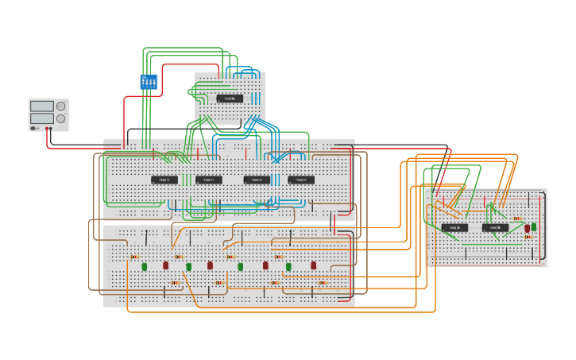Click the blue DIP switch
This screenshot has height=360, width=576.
point(149,81)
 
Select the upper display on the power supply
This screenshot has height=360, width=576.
point(41,106)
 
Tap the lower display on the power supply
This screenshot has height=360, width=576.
point(41,118)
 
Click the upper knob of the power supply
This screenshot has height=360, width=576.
point(60,106)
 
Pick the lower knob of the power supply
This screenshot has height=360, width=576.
point(60,118)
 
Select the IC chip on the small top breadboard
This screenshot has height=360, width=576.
point(230,99)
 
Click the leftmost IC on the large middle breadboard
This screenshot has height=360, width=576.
point(164,180)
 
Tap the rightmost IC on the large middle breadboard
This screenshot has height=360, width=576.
point(301,180)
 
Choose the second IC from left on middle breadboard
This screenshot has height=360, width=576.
point(209,180)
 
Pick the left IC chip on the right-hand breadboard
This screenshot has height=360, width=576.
point(454,227)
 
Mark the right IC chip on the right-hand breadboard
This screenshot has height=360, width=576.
point(495,227)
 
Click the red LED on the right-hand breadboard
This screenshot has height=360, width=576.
point(527,228)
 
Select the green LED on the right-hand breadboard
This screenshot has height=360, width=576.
point(534,227)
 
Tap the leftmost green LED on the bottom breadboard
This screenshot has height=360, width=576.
point(145,267)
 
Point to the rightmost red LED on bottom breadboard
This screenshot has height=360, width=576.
point(314,265)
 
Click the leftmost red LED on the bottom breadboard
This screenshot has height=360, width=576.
point(166,265)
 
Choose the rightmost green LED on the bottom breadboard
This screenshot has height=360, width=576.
point(288,267)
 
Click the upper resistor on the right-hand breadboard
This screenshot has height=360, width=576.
point(517,219)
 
